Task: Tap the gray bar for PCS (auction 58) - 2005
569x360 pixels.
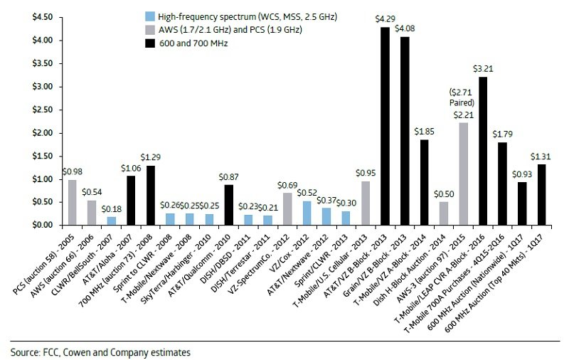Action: tap(73, 202)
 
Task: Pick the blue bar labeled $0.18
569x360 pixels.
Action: tap(112, 221)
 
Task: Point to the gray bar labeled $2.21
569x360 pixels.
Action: tap(464, 174)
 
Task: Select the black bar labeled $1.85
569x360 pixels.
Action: tap(424, 182)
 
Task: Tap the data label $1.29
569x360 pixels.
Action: tap(150, 156)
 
